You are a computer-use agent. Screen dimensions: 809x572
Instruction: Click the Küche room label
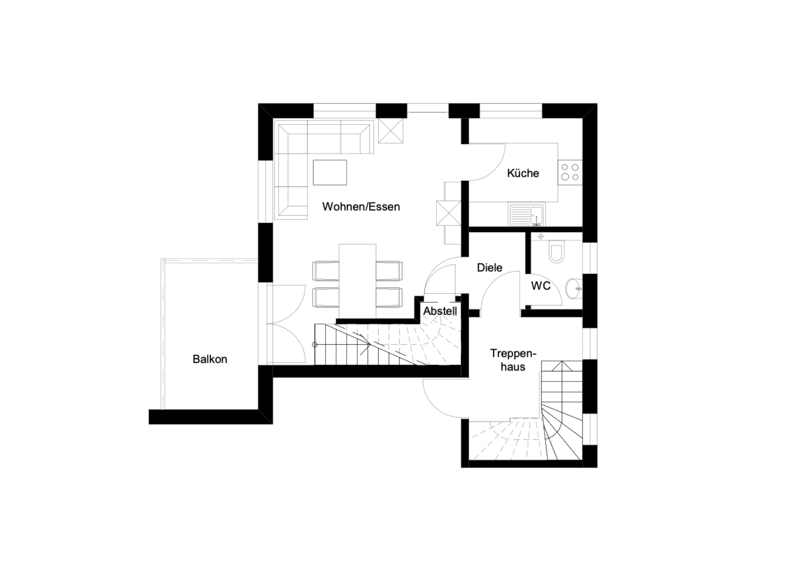(x=523, y=173)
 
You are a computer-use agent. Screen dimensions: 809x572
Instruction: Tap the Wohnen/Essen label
(x=361, y=207)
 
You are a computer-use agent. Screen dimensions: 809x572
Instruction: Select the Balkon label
(x=210, y=359)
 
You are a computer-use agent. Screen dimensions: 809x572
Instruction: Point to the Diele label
(x=489, y=267)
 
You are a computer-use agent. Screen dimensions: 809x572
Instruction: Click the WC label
(x=541, y=286)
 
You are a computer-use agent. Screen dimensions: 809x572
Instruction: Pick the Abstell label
(x=440, y=311)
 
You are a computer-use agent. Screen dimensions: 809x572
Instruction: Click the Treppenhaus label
(x=513, y=360)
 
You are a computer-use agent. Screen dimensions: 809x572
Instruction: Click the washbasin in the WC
(x=574, y=288)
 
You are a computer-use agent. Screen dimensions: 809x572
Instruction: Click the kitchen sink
(x=527, y=215)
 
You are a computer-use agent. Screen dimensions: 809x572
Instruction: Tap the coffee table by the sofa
(x=330, y=172)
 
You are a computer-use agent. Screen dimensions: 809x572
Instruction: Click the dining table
(x=358, y=281)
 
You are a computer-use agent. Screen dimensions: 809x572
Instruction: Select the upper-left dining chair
(x=326, y=271)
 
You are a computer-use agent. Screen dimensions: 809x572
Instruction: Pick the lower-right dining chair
(x=389, y=297)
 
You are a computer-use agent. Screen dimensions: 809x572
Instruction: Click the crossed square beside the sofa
(x=391, y=131)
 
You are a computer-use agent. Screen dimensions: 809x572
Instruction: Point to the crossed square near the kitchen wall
(x=449, y=213)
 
